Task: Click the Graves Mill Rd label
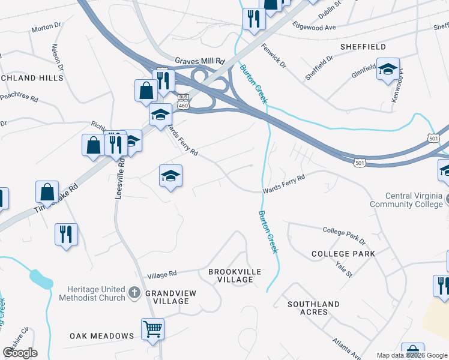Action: [199, 61]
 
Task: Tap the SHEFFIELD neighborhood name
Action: [363, 47]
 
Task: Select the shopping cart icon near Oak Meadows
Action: [153, 328]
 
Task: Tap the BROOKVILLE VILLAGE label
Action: [235, 276]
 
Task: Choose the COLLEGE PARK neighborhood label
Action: [343, 254]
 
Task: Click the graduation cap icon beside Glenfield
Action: [388, 69]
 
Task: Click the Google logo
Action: [20, 353]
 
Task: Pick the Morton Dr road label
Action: [46, 28]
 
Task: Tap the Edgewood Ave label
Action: [313, 27]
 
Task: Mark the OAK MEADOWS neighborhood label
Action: [101, 336]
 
